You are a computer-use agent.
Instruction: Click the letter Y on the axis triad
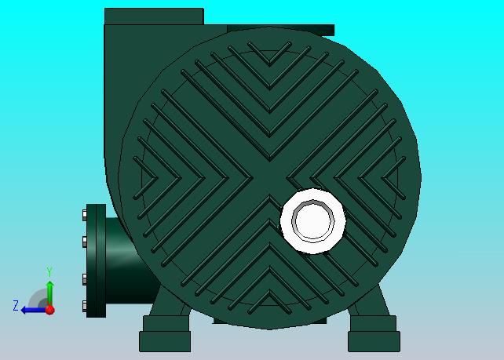49,271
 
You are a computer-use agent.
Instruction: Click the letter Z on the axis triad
16,305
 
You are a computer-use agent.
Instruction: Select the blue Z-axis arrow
33,311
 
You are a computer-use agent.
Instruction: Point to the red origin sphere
49,310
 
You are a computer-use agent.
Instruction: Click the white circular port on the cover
313,221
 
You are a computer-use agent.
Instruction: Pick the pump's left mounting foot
165,333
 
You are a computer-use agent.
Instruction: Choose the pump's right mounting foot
374,333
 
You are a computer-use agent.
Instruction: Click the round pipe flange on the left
96,260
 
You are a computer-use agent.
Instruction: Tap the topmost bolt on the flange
85,215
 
